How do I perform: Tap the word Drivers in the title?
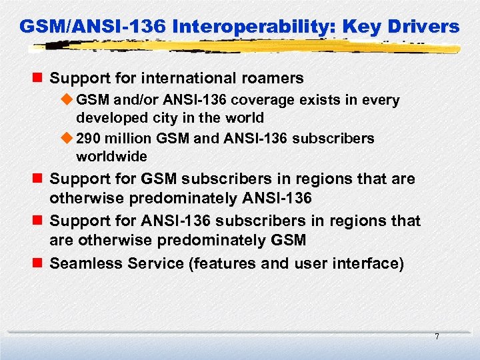tap(424, 27)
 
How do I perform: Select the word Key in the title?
tap(367, 27)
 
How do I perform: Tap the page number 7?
tap(437, 337)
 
